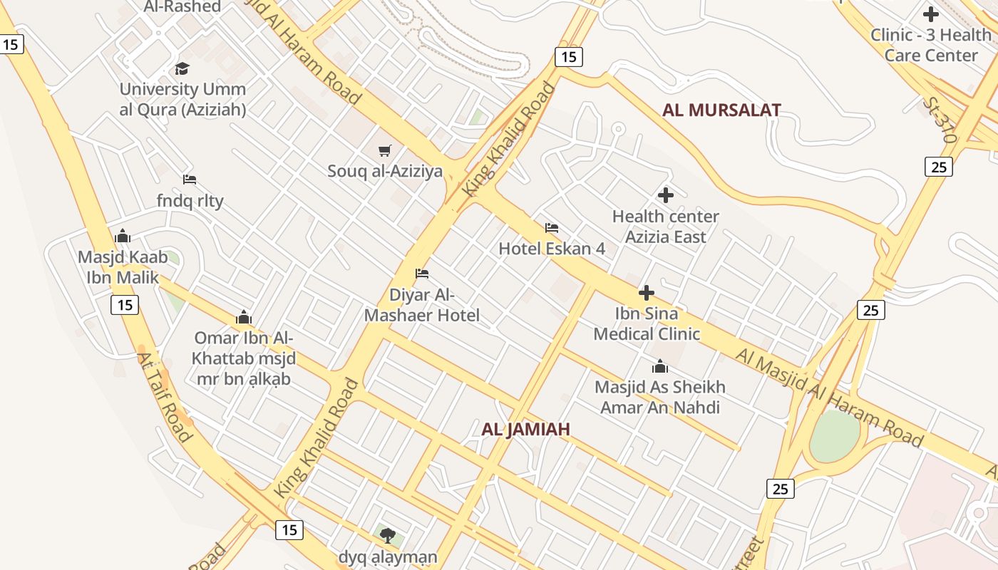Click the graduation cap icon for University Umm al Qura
point(182,68)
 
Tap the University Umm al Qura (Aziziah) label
point(182,99)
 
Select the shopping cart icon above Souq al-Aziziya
point(385,150)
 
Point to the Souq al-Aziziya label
point(385,171)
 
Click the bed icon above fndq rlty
point(190,180)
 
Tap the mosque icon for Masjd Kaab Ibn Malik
point(123,236)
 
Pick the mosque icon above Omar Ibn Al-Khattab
point(244,316)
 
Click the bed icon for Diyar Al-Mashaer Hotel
point(422,274)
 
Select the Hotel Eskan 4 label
point(552,249)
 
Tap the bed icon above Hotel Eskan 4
point(552,228)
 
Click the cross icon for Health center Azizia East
point(666,195)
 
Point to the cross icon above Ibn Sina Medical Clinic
point(647,293)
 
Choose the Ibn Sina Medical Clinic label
point(647,323)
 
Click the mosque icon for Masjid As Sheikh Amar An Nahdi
point(660,366)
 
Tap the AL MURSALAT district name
point(721,110)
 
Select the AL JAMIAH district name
point(526,429)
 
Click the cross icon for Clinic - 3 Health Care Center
point(930,14)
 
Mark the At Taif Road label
point(165,397)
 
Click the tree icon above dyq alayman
point(388,535)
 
